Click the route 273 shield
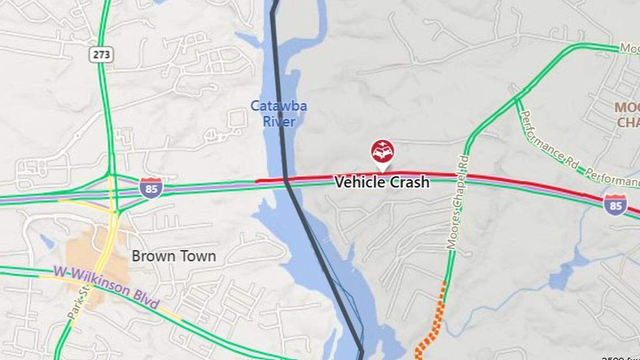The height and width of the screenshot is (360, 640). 101,54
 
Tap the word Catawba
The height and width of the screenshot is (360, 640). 278,106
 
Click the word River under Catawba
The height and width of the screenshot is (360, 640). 279,121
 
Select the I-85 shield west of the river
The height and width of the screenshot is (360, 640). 151,188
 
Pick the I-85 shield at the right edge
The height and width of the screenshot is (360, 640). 615,205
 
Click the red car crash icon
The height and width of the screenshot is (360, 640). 382,151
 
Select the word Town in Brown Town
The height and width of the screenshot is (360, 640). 196,256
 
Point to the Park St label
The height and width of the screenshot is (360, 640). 78,304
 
